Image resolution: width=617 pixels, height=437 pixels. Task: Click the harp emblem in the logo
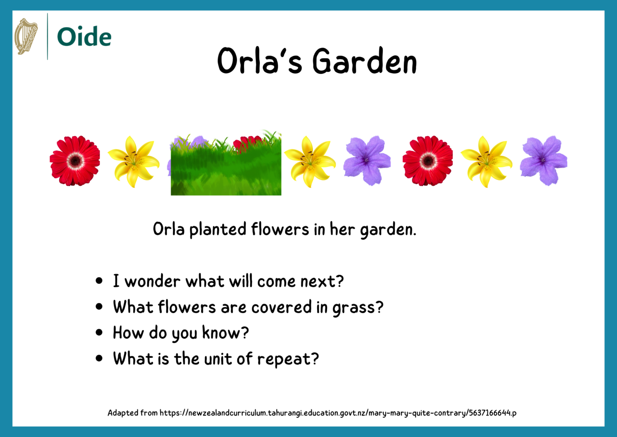tap(26, 36)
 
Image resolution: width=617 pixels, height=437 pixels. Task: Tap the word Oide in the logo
tap(84, 37)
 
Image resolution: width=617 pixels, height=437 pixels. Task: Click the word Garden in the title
tap(364, 61)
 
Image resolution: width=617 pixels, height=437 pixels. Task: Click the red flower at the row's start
tap(75, 161)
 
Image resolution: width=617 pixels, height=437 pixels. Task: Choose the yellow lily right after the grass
tap(310, 162)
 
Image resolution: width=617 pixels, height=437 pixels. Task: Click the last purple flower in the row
tap(543, 161)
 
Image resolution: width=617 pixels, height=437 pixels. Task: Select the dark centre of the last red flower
tap(428, 160)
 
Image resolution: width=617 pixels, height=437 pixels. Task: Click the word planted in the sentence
tap(218, 229)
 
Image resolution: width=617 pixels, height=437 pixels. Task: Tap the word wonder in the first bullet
tap(152, 282)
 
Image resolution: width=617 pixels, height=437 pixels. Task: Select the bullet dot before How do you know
tap(99, 332)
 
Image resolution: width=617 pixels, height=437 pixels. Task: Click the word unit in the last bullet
tap(218, 359)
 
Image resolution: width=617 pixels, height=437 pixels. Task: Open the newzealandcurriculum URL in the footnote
tap(338, 413)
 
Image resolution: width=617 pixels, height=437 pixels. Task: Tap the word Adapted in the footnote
tap(123, 413)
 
